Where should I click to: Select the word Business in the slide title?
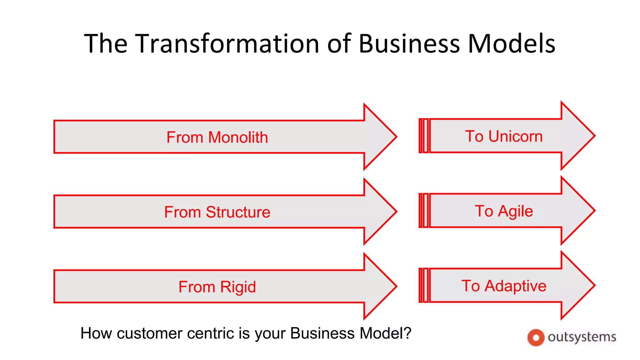[409, 43]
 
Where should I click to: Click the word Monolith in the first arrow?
[238, 137]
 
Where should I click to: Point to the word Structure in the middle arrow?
[238, 212]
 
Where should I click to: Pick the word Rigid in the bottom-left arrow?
[238, 287]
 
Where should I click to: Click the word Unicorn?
[515, 137]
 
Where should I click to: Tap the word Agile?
[515, 211]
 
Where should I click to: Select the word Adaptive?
[515, 286]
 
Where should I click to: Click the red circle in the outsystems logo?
[536, 338]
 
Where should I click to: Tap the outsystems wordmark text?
[582, 337]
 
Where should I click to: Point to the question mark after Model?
[407, 333]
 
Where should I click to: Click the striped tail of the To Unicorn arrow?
[424, 136]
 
